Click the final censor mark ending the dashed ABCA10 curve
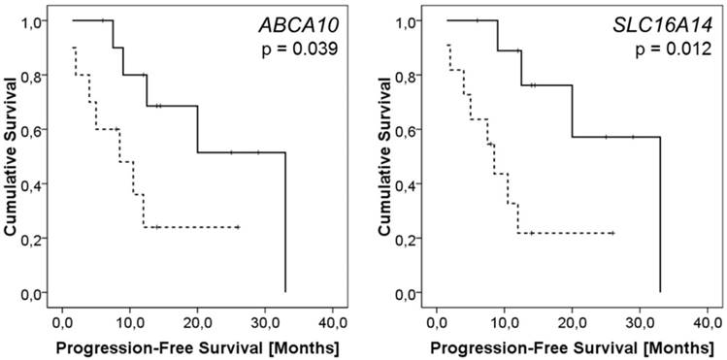pyautogui.click(x=238, y=227)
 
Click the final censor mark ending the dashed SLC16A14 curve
pyautogui.click(x=612, y=233)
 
